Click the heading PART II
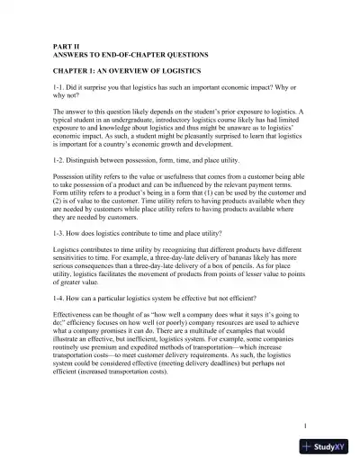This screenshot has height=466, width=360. tap(41, 42)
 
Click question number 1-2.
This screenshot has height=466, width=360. tap(35, 158)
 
